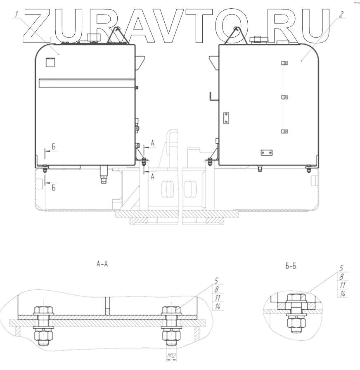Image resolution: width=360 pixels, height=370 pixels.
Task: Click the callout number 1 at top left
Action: (16, 14)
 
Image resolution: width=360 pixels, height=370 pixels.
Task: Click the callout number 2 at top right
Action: (341, 14)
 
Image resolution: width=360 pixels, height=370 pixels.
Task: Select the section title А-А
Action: (102, 264)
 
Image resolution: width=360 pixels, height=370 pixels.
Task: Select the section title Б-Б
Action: (291, 266)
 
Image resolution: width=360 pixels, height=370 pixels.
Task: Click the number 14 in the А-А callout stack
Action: (218, 306)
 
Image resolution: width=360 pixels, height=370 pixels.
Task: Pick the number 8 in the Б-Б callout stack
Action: (341, 277)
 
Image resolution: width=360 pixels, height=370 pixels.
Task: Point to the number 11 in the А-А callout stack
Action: (218, 298)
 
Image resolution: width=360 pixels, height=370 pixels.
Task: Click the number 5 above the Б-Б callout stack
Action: (341, 268)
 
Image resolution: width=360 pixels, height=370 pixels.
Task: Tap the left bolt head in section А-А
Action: (44, 310)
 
